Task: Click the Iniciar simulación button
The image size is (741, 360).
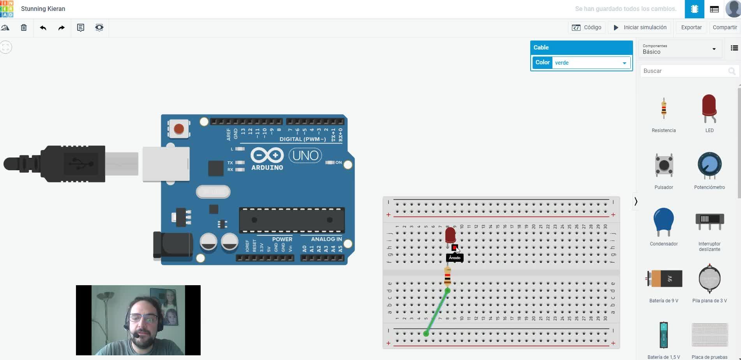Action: click(x=640, y=27)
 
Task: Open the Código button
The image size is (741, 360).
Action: click(x=587, y=27)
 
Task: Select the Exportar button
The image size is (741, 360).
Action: click(x=691, y=27)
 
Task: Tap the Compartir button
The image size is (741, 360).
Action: click(x=725, y=27)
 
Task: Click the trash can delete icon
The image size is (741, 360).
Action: click(x=24, y=28)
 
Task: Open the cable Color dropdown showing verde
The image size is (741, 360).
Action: click(x=591, y=63)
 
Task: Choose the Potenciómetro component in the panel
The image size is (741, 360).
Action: click(x=709, y=166)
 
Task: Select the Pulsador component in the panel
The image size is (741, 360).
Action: click(x=663, y=166)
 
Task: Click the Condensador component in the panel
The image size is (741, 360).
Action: click(x=663, y=222)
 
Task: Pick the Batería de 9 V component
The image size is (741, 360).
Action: click(x=664, y=279)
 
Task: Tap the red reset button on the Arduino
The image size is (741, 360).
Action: click(x=179, y=129)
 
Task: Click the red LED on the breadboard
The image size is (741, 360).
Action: click(x=450, y=235)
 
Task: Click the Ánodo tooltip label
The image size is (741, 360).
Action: click(x=455, y=258)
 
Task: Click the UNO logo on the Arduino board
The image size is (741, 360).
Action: click(x=305, y=156)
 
